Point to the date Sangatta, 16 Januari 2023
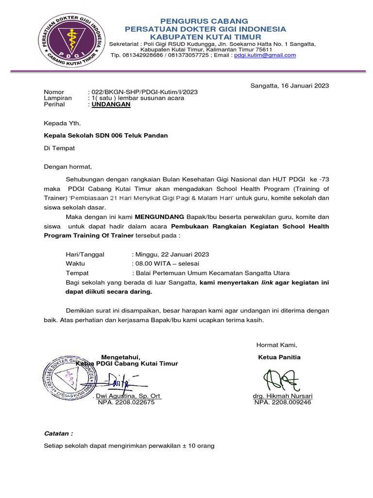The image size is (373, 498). coord(289,86)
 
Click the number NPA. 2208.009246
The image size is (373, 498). coord(283,403)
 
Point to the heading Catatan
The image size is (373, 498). coord(58,432)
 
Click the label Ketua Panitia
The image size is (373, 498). coord(279,357)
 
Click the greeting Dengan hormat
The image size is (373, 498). coord(68,167)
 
